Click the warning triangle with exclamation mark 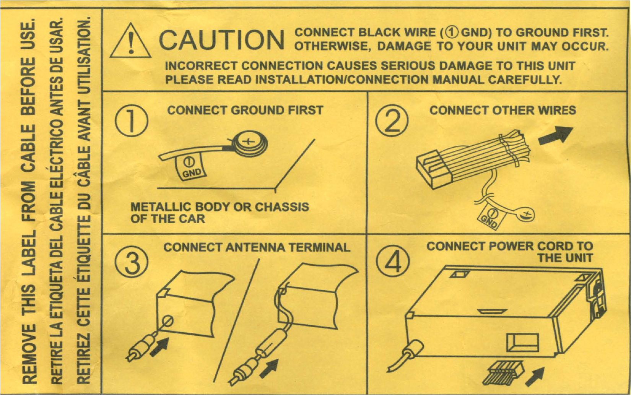[130, 41]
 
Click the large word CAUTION [221, 40]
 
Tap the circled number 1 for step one [131, 121]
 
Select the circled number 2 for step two [392, 121]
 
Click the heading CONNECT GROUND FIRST [245, 111]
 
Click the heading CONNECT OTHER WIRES [502, 111]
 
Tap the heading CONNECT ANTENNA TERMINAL [257, 247]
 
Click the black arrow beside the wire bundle [556, 136]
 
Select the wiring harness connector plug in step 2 [434, 168]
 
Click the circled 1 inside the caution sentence [452, 33]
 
